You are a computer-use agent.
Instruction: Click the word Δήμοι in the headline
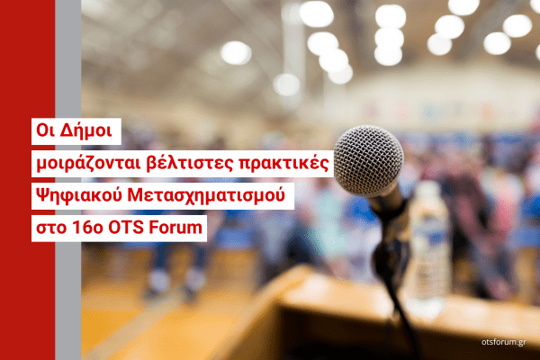click(x=85, y=130)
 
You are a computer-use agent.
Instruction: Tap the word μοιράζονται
click(x=88, y=164)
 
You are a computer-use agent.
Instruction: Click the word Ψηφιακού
click(x=79, y=195)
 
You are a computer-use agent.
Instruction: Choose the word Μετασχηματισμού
click(x=206, y=195)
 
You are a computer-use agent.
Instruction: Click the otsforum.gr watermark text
click(x=503, y=342)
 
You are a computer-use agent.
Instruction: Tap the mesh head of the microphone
click(x=368, y=159)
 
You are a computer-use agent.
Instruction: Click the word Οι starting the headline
click(x=46, y=130)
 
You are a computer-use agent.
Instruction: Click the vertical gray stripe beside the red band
click(x=68, y=180)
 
